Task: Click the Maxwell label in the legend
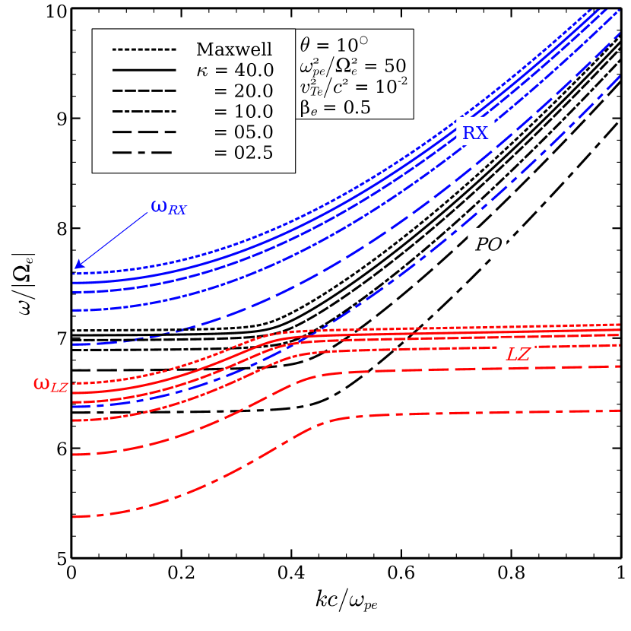[x=233, y=50]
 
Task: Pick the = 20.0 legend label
[x=243, y=91]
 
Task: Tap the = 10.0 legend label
[x=243, y=112]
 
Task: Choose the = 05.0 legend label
[x=243, y=132]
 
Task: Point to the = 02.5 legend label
[x=243, y=153]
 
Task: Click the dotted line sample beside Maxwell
[x=144, y=50]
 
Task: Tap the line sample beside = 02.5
[x=144, y=153]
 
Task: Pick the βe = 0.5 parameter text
[x=335, y=108]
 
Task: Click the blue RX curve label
[x=475, y=134]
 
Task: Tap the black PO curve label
[x=488, y=245]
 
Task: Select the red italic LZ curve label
[x=518, y=355]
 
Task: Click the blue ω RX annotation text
[x=168, y=207]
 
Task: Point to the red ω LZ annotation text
[x=50, y=385]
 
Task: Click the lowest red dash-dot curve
[x=190, y=487]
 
